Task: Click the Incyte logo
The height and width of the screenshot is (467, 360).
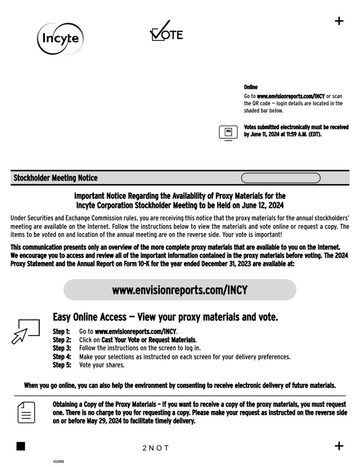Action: (x=60, y=38)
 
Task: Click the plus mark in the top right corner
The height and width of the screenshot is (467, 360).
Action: (x=339, y=21)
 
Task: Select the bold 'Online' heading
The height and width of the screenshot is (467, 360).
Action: (x=251, y=87)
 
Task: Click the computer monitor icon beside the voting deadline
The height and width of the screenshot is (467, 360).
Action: (x=228, y=133)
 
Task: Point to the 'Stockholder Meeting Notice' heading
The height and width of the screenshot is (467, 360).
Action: (x=56, y=178)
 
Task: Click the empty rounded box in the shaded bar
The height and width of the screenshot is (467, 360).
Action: (x=280, y=178)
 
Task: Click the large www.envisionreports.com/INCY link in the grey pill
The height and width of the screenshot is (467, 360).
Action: (x=180, y=290)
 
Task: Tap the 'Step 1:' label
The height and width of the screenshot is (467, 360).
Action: (x=62, y=331)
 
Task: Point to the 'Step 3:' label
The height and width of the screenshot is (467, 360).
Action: (x=62, y=348)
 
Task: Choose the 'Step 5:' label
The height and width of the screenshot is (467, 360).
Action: (x=62, y=365)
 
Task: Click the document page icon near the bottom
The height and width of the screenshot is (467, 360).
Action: (x=26, y=412)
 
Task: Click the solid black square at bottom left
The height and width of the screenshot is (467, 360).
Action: (x=20, y=446)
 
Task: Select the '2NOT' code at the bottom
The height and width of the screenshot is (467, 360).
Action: (x=156, y=448)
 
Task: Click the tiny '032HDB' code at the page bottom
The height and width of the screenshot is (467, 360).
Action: (x=58, y=462)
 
